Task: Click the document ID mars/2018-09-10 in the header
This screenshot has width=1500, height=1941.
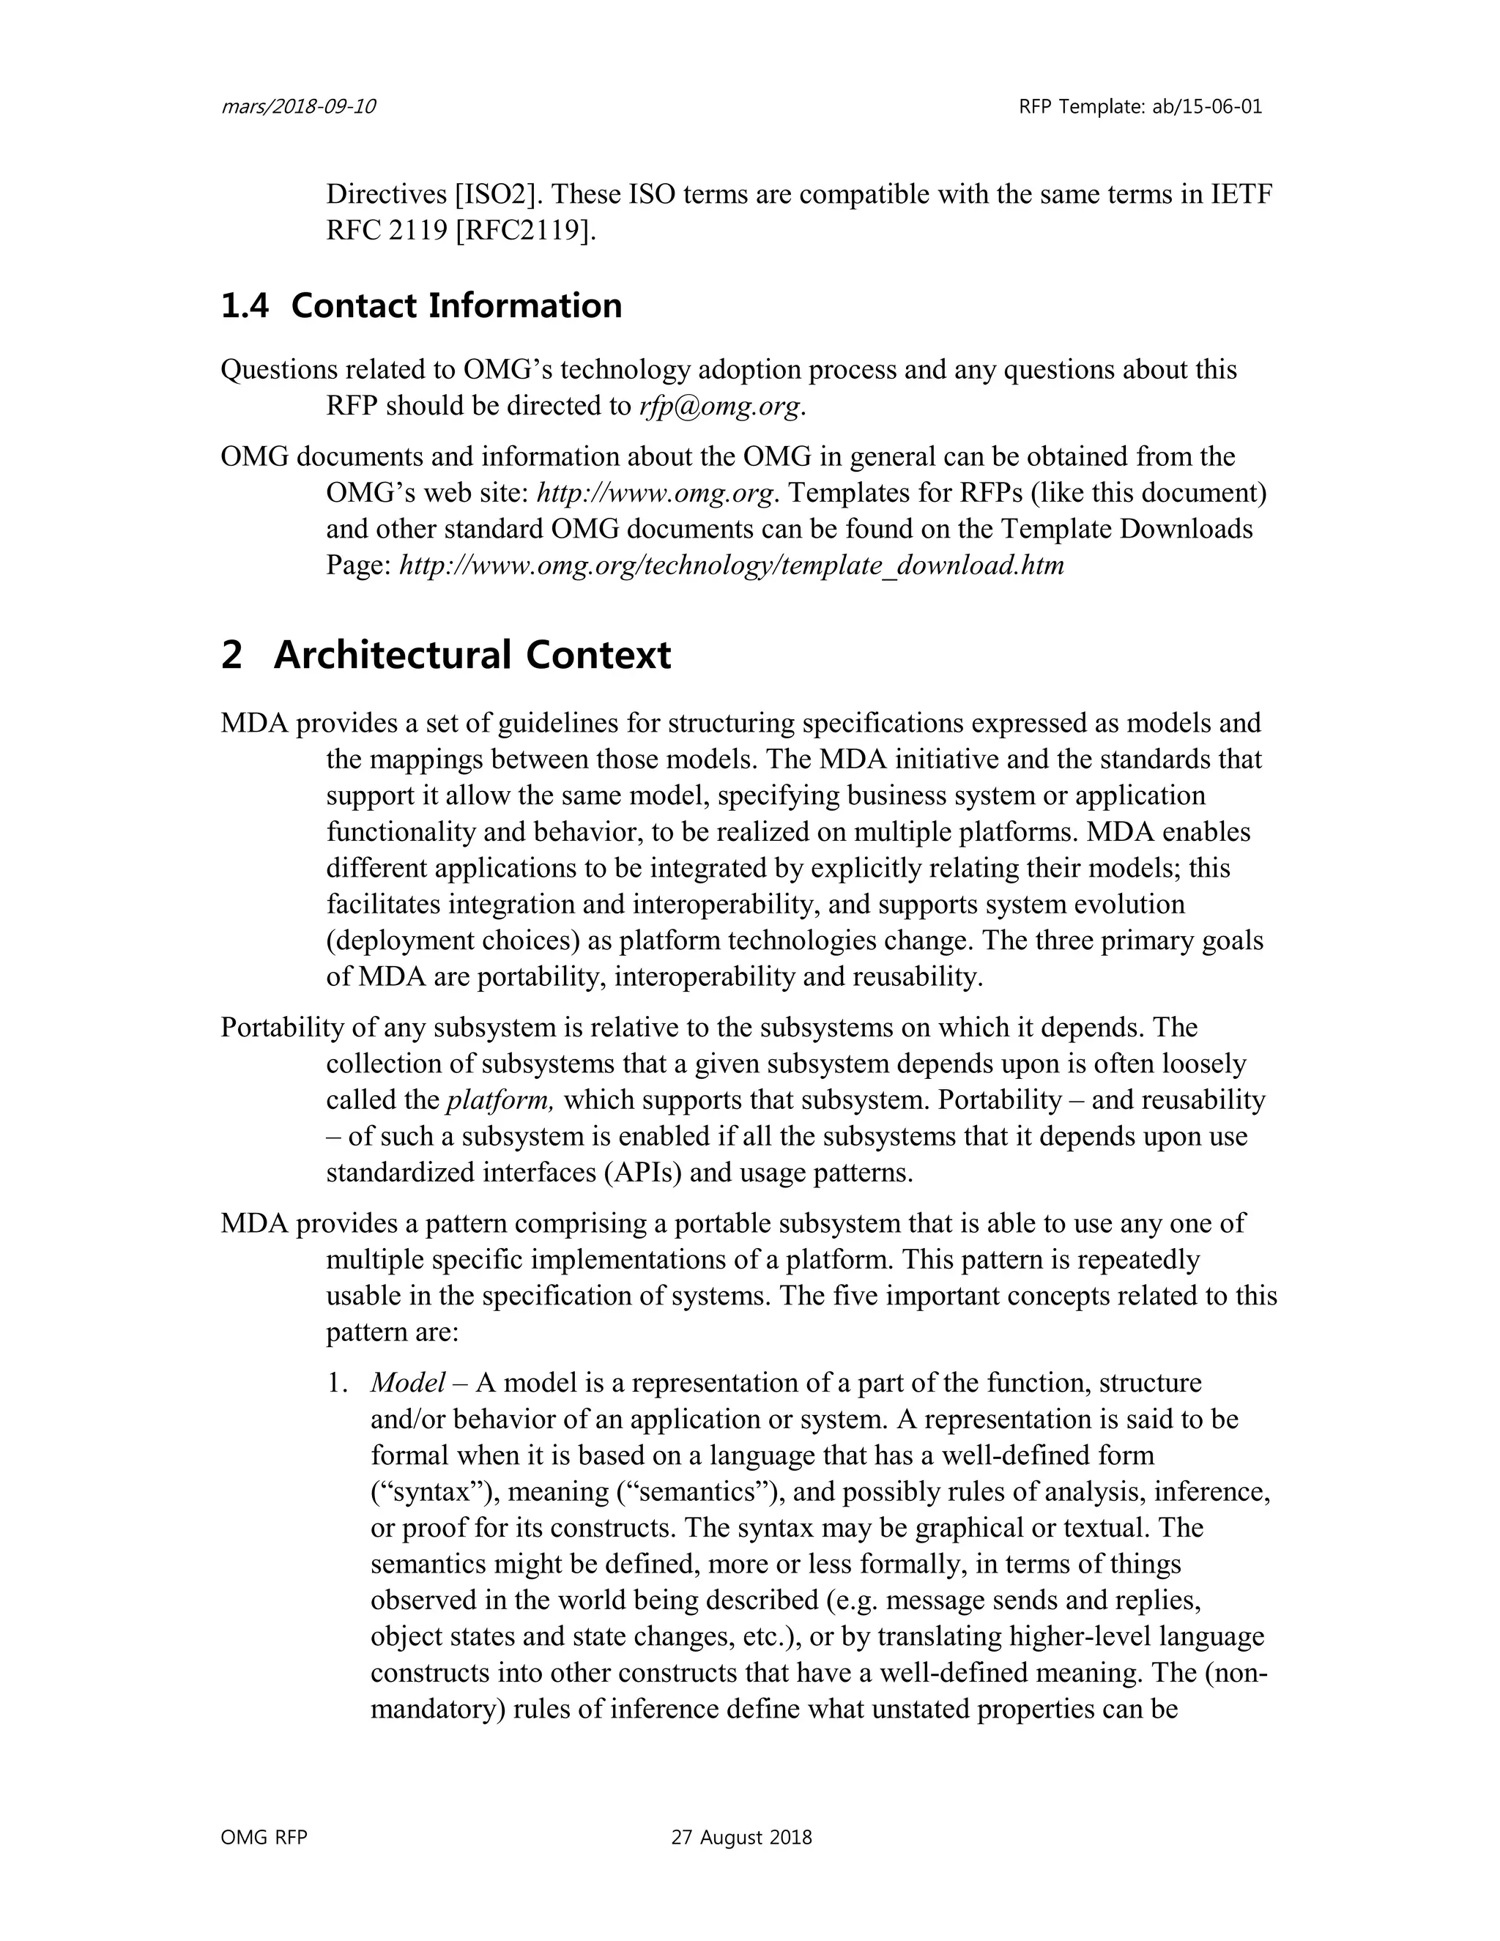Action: point(297,108)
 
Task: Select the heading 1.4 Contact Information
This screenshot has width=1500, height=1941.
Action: point(421,305)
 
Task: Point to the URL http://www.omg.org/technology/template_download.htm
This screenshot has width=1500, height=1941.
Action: point(732,565)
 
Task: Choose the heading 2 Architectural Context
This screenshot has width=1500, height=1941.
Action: point(446,655)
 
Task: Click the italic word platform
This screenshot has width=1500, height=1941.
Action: point(500,1100)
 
